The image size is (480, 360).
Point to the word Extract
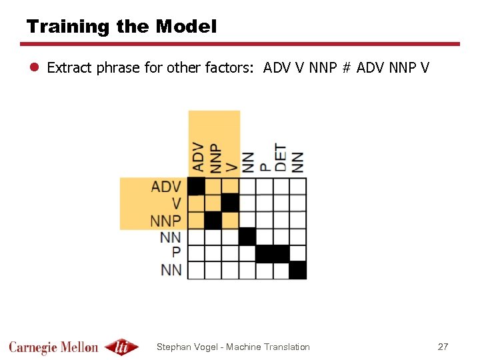tap(69, 67)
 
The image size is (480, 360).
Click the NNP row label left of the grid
tap(167, 220)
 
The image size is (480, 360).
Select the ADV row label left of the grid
tap(167, 186)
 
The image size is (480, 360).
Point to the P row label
tap(176, 253)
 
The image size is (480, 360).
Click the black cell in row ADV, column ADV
tap(196, 186)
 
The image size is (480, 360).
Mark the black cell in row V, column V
tap(230, 203)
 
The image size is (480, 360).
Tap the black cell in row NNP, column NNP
tap(213, 220)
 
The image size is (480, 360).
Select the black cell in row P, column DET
tap(281, 253)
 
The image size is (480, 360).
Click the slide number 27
tap(443, 347)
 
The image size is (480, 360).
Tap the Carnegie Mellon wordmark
tap(53, 347)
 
